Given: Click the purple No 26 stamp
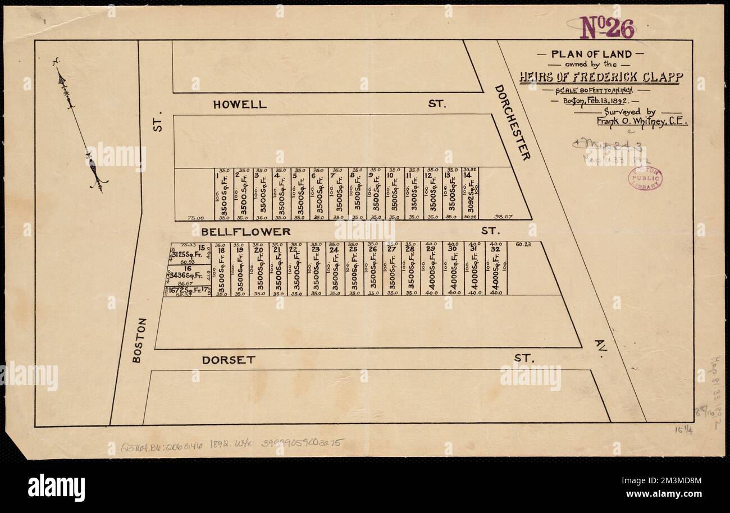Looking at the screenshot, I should [607, 28].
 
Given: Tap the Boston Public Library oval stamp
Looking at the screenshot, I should [645, 178].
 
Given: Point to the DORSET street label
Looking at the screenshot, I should [229, 360].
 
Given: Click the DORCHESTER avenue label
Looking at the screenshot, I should [512, 122].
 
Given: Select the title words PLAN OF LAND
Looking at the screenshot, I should [591, 54].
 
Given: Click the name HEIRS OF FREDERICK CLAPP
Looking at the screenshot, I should [601, 77].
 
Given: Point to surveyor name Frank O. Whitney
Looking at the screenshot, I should [641, 121].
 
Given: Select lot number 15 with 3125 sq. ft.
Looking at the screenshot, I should [202, 248].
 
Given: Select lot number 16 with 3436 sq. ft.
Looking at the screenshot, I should [190, 269].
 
